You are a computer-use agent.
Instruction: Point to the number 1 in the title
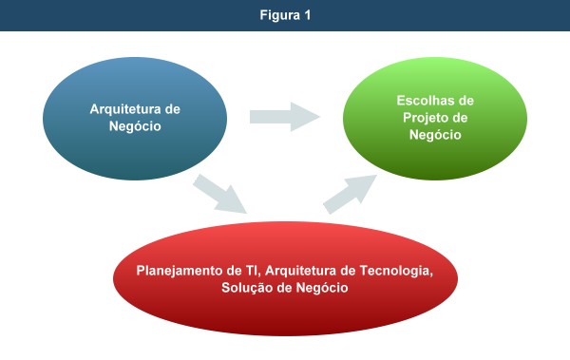pyautogui.click(x=308, y=14)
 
